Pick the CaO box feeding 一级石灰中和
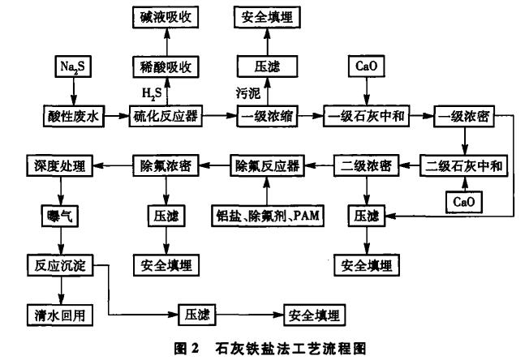pos(359,66)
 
